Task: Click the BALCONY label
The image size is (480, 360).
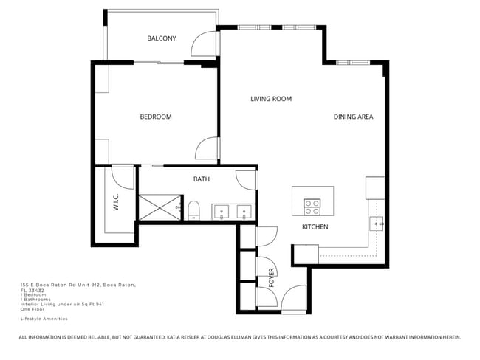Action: click(x=161, y=38)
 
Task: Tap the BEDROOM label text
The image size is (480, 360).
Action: click(x=156, y=117)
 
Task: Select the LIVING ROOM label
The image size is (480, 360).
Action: click(x=270, y=99)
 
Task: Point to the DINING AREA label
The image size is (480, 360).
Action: click(x=353, y=117)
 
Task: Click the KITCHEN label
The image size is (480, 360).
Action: click(x=315, y=226)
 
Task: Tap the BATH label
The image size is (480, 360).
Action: click(x=202, y=179)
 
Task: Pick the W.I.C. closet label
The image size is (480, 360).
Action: click(x=116, y=202)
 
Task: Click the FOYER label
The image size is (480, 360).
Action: click(x=271, y=277)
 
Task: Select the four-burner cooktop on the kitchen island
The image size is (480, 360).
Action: click(x=312, y=204)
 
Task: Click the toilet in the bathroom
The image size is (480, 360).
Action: click(x=193, y=210)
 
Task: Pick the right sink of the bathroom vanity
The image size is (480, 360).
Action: click(x=244, y=213)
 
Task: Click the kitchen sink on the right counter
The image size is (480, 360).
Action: click(x=377, y=222)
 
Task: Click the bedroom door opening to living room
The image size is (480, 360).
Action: click(x=207, y=150)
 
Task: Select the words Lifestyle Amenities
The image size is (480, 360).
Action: click(x=44, y=319)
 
